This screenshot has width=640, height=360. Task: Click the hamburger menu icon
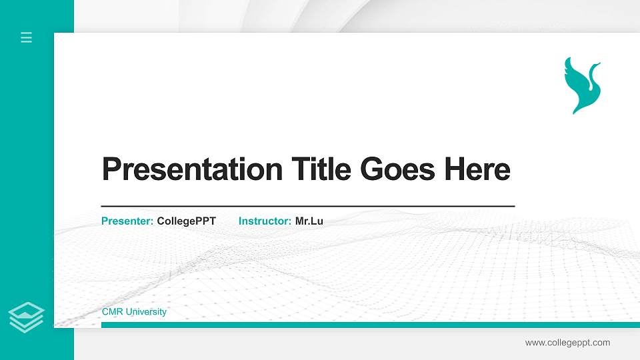point(27,38)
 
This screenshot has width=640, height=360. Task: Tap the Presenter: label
point(127,221)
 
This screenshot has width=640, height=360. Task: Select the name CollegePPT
point(187,221)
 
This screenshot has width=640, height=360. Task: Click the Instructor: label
point(265,221)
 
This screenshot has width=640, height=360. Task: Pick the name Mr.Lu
point(309,221)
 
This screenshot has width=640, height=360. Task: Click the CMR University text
point(134,312)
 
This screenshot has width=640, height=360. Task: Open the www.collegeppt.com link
point(567,343)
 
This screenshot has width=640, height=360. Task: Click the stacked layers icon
point(27,317)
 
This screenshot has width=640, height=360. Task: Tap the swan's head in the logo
point(596,65)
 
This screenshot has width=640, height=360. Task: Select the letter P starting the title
point(111,169)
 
